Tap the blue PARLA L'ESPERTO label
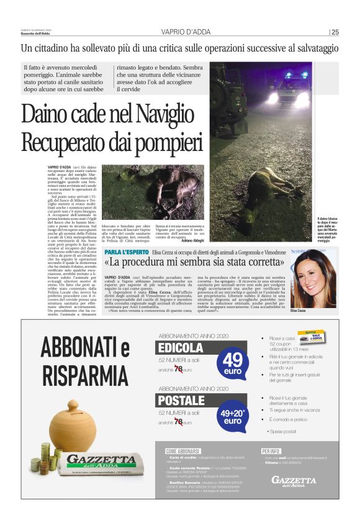click(x=127, y=252)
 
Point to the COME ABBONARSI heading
click(x=183, y=450)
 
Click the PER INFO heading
click(x=271, y=450)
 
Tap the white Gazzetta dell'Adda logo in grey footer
click(x=294, y=480)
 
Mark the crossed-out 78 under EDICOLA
click(x=179, y=370)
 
